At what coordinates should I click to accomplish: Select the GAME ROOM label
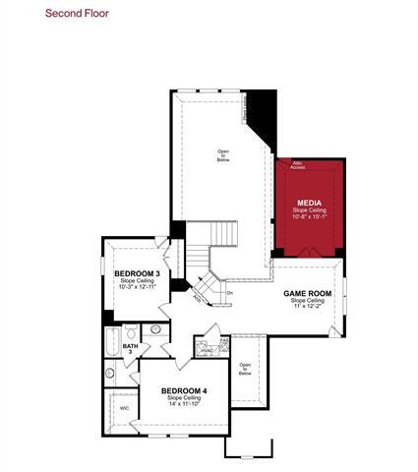308,293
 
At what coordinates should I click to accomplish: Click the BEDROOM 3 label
137,273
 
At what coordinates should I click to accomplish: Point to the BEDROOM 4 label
184,390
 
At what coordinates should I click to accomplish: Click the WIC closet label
124,407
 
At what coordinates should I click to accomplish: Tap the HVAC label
208,350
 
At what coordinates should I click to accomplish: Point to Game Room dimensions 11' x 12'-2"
308,309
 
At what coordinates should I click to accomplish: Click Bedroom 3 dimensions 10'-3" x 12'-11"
137,289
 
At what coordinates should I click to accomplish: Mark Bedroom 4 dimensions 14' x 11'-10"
184,405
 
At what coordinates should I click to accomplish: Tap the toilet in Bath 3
155,329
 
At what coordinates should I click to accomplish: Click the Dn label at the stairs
229,292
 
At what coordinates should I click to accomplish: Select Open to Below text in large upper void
223,154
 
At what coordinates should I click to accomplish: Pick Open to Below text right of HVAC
245,369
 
